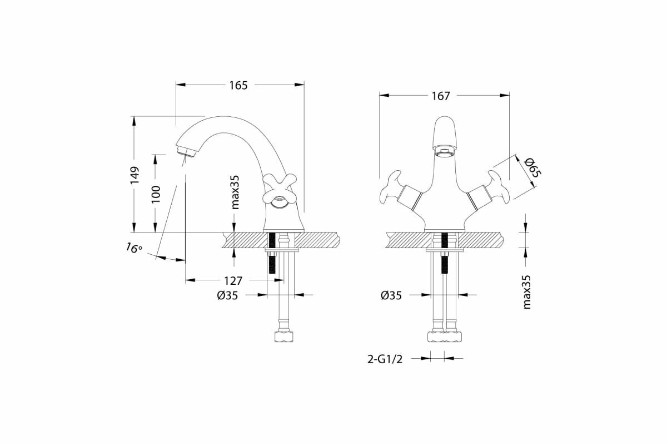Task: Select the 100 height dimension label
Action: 156,194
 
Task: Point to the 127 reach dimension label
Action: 233,280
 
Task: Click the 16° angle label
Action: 133,248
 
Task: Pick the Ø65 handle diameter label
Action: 532,166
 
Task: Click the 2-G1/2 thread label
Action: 384,359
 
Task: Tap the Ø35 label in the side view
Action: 227,296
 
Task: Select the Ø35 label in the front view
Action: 391,296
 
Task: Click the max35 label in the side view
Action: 235,192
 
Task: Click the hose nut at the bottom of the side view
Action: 284,338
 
